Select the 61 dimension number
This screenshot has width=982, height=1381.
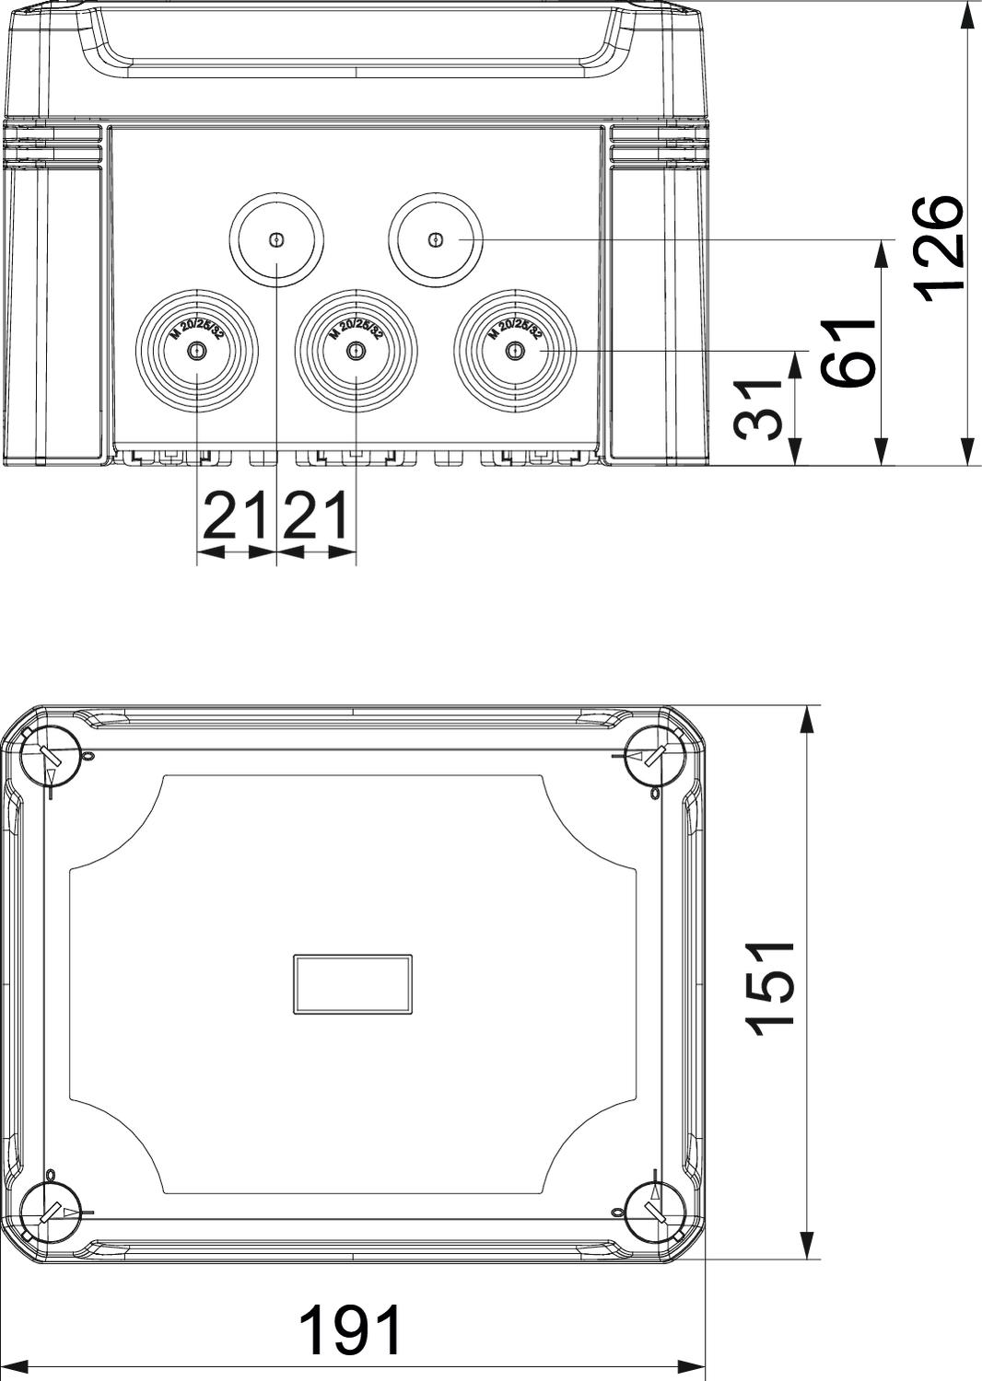(848, 353)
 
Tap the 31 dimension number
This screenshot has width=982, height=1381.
(758, 409)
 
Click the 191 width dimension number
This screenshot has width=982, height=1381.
(351, 1325)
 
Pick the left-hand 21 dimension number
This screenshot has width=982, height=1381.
(236, 516)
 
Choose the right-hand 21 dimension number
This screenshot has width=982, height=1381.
(316, 516)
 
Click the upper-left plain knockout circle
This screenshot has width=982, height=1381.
(276, 239)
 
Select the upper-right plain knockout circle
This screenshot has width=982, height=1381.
(436, 239)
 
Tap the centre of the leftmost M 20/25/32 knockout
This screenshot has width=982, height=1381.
(197, 351)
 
